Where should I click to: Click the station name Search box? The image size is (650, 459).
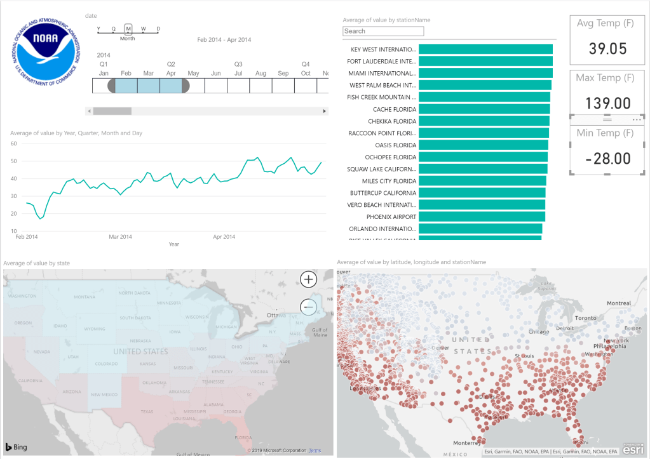click(383, 31)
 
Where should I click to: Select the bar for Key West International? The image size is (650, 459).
click(485, 50)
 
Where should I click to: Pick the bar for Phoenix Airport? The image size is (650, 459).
click(482, 216)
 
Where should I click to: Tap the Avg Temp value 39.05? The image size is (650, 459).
click(607, 48)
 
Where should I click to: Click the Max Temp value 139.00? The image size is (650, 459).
click(607, 103)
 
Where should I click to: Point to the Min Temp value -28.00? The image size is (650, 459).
click(607, 158)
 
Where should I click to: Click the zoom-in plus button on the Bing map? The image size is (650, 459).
click(308, 279)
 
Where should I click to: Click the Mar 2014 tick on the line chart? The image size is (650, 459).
click(121, 237)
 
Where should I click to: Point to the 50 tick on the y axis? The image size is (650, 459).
click(13, 161)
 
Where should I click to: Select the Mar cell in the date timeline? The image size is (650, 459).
click(148, 86)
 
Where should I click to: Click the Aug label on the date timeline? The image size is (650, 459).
click(261, 74)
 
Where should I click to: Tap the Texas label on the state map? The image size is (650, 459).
click(147, 411)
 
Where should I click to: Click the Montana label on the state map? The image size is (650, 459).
click(84, 297)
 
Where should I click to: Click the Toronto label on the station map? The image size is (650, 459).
click(585, 318)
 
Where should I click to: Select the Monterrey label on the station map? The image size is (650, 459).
click(470, 442)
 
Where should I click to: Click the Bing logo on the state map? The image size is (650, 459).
click(17, 447)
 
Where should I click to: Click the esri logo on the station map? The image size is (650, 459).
click(633, 449)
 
